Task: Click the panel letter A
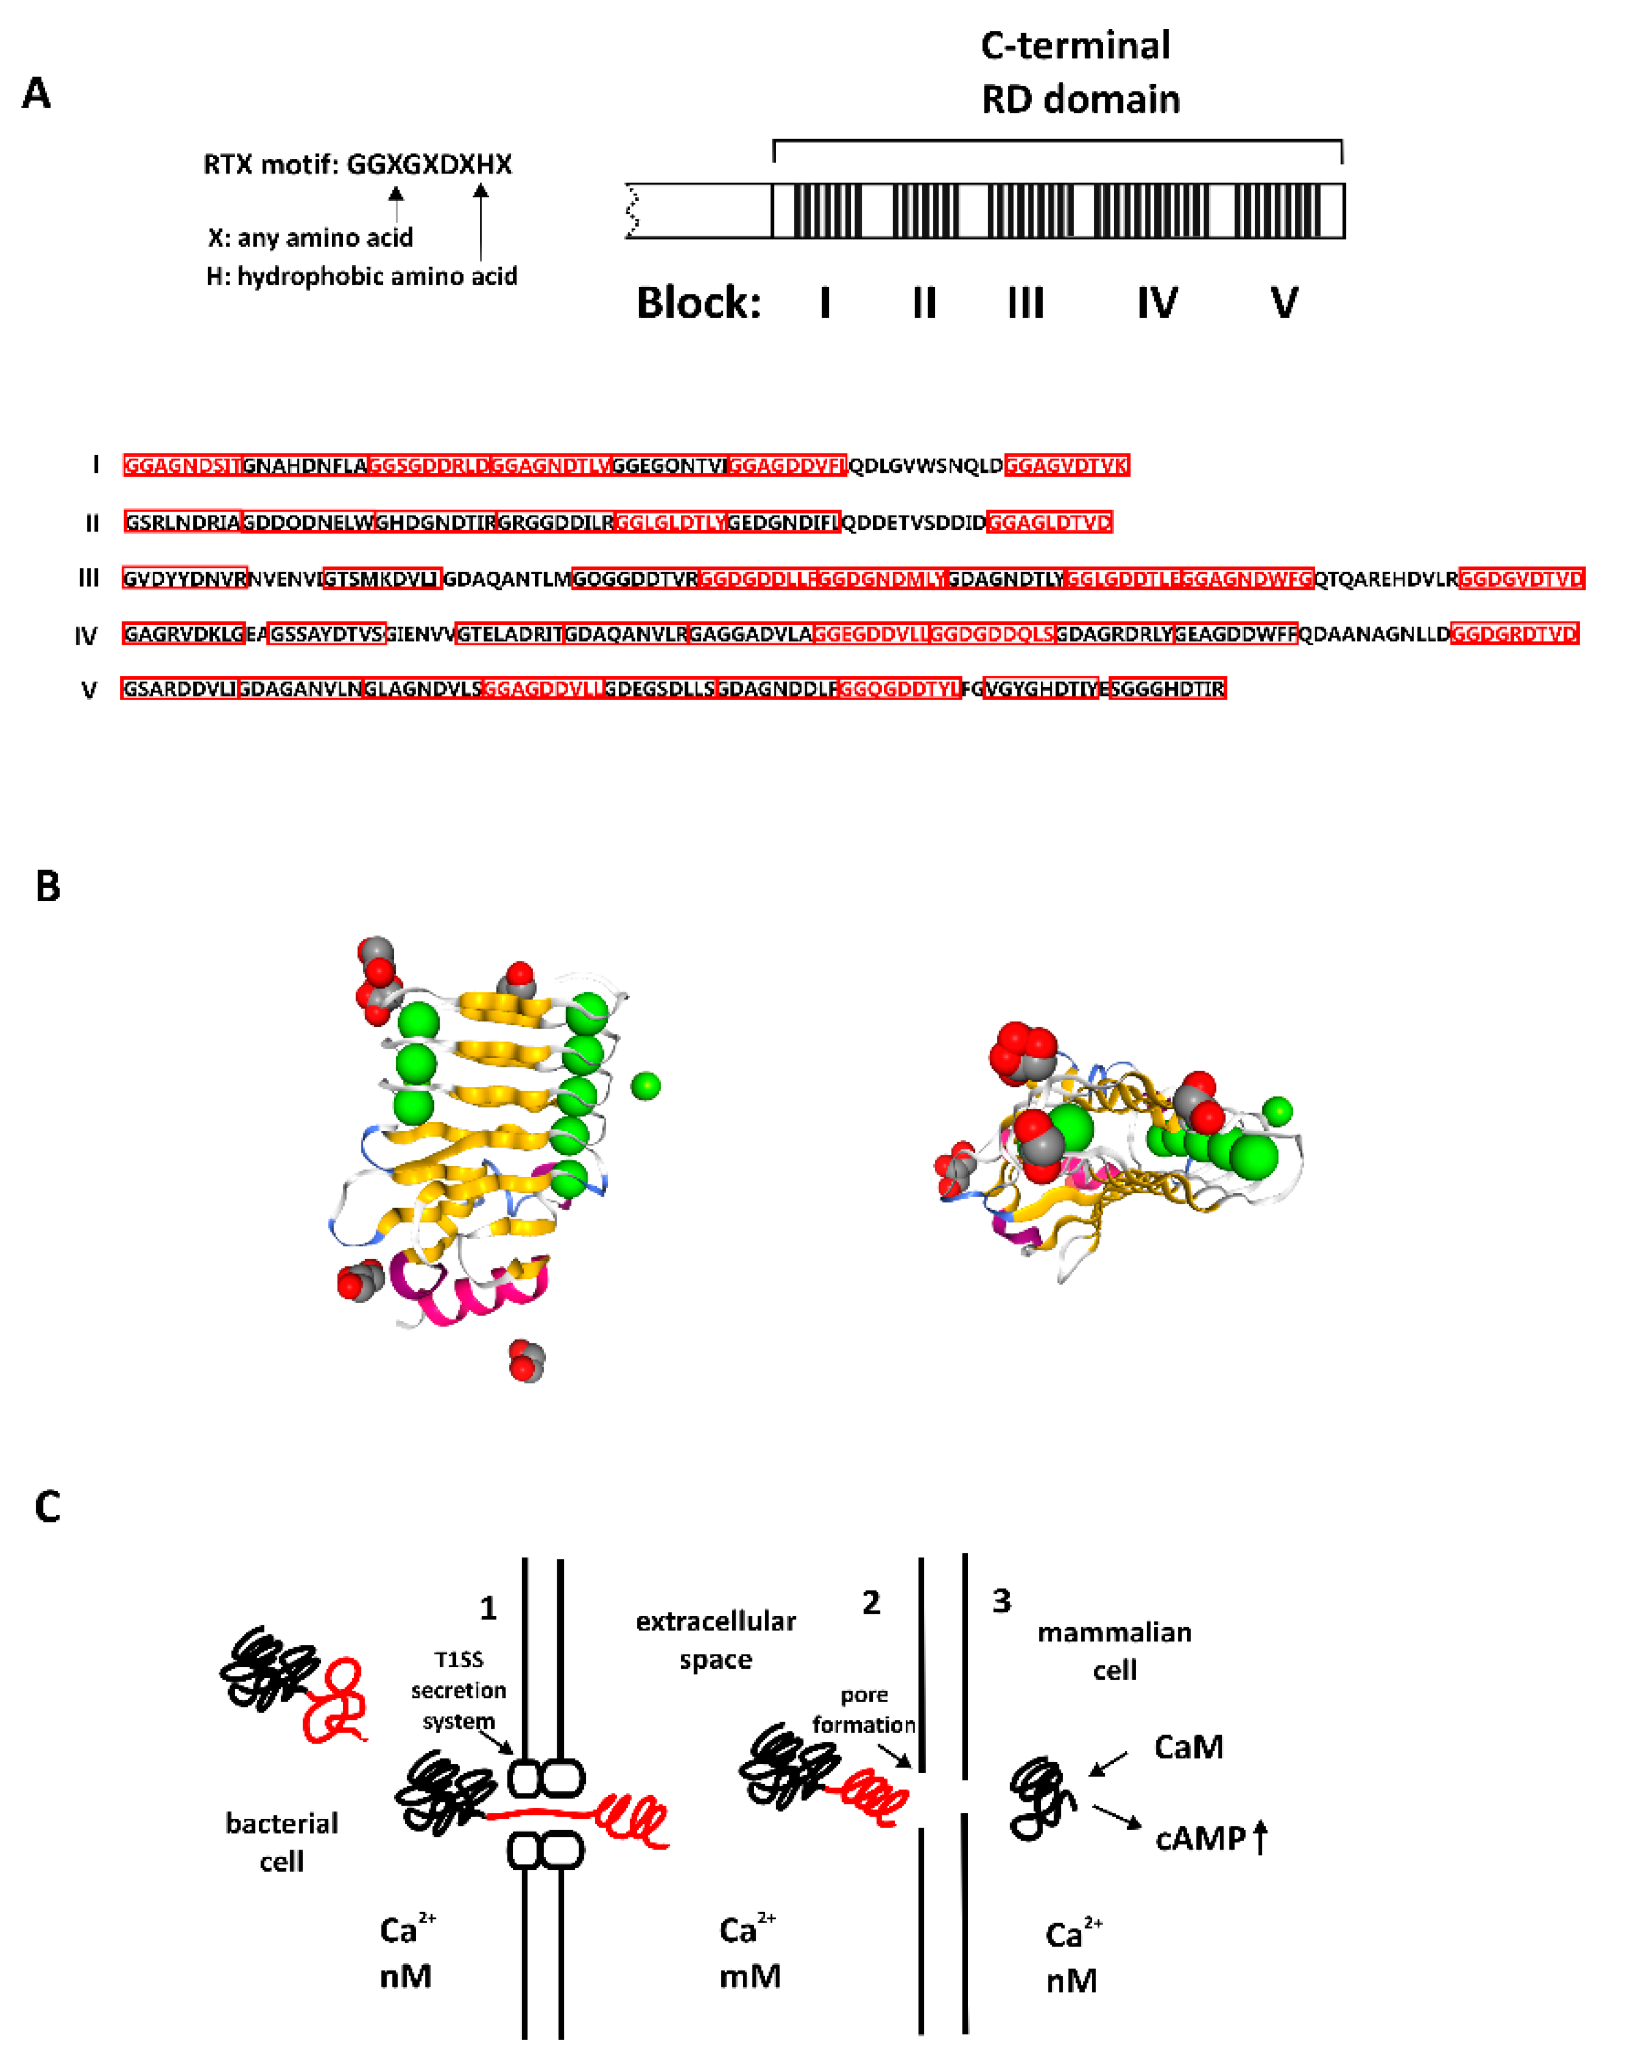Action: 36,93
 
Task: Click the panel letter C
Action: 48,1506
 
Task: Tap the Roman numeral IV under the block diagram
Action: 1156,303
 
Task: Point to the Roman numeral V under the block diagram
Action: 1283,303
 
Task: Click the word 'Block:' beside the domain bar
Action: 698,303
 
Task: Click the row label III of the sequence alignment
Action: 88,578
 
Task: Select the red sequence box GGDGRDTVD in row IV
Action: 1514,634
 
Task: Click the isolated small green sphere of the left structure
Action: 645,1085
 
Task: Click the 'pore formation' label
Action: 863,1710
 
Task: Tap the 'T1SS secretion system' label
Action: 458,1690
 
